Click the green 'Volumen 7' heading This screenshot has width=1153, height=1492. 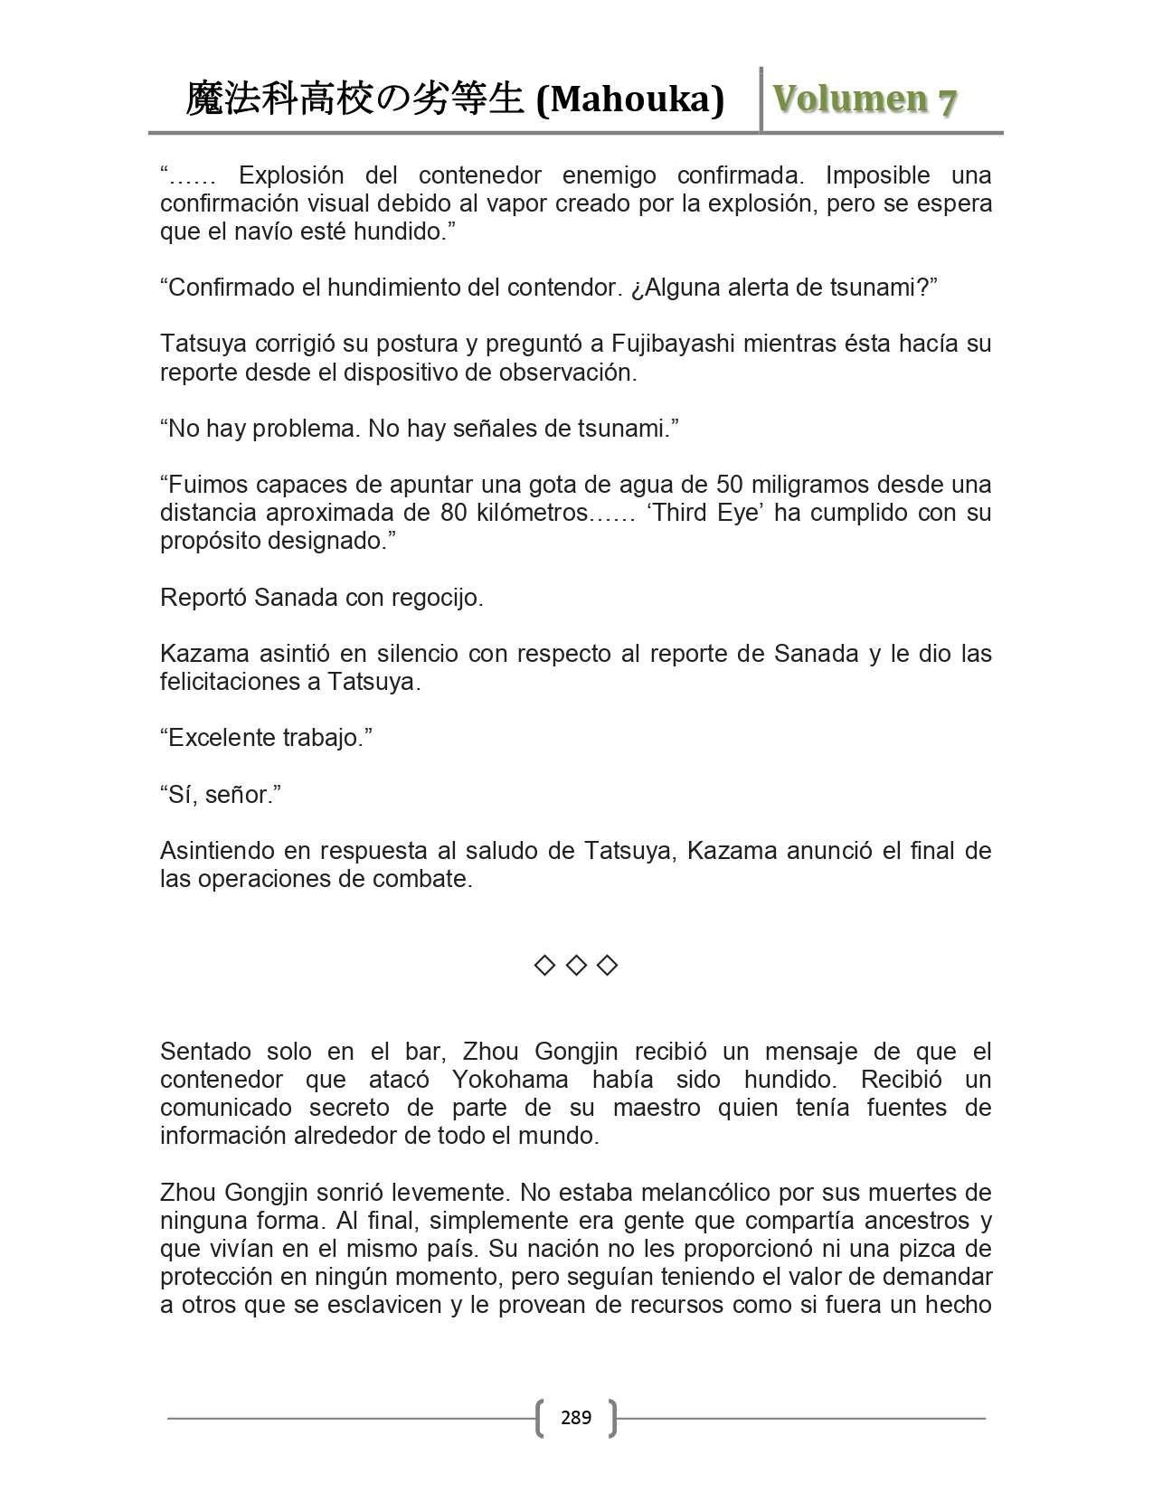(865, 99)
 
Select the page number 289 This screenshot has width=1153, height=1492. (576, 1417)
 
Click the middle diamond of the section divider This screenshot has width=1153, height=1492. (576, 966)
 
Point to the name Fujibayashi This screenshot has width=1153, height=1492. (670, 344)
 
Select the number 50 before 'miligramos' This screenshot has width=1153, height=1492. (730, 485)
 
